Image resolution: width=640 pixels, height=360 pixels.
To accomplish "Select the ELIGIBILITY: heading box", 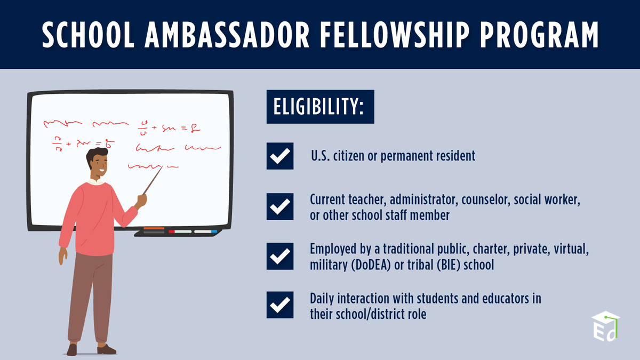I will (320, 107).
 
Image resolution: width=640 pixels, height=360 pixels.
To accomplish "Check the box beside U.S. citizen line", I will (280, 156).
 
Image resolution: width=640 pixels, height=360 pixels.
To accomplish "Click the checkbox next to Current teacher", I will (280, 206).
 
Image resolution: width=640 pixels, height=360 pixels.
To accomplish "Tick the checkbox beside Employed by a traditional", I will (280, 256).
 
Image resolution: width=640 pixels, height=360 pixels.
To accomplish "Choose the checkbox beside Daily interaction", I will (280, 306).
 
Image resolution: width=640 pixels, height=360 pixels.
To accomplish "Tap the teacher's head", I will (98, 163).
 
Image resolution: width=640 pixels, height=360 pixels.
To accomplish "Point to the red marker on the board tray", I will (172, 231).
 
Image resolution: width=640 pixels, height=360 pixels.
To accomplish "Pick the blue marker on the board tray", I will (214, 231).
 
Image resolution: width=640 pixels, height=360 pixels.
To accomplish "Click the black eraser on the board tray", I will (154, 231).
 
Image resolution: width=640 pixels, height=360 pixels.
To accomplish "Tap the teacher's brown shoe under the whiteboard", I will (107, 349).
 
